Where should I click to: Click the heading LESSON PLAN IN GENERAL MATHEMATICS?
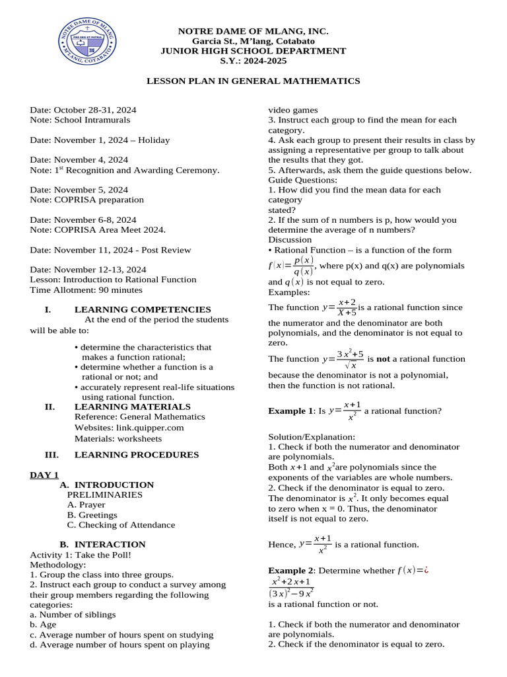click(x=253, y=81)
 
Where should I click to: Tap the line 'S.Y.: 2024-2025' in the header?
click(x=253, y=60)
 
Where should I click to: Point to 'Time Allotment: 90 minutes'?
click(x=86, y=290)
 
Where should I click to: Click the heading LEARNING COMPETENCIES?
click(x=143, y=309)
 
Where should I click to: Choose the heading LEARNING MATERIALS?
click(x=132, y=407)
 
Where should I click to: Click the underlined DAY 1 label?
click(x=44, y=475)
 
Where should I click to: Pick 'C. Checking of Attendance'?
click(x=121, y=525)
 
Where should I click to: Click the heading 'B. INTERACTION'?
click(x=102, y=545)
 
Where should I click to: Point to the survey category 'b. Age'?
click(x=43, y=624)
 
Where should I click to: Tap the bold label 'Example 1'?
click(x=290, y=411)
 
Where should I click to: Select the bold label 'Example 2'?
click(x=290, y=571)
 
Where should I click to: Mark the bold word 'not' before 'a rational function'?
click(x=383, y=359)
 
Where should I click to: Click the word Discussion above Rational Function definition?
click(x=290, y=239)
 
